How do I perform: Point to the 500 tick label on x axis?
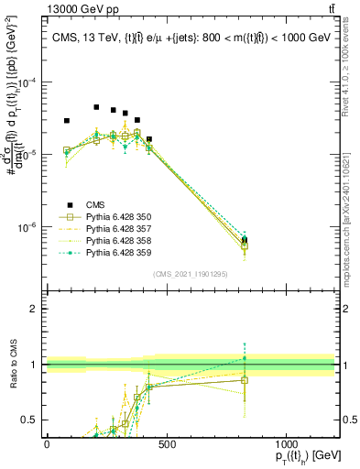(x=166, y=444)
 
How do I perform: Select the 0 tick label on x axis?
(x=47, y=444)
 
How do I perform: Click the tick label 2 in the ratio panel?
(x=34, y=309)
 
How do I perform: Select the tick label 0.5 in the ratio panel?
(x=30, y=420)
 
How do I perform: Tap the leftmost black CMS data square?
(x=67, y=121)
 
